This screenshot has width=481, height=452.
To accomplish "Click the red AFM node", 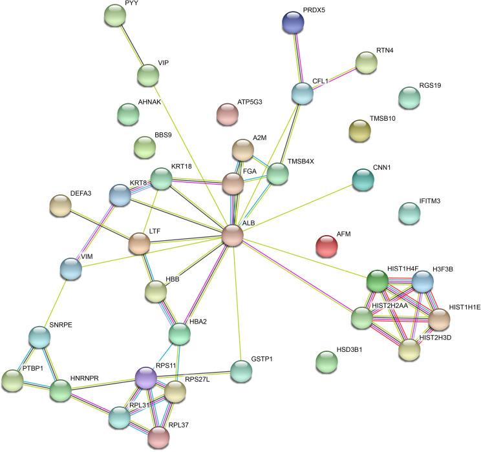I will tap(326, 245).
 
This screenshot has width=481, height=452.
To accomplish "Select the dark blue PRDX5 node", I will tap(293, 23).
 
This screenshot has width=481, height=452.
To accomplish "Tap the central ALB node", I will tap(233, 236).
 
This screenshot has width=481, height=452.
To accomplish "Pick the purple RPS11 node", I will tap(146, 378).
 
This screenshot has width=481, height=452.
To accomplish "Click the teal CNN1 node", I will tap(364, 180).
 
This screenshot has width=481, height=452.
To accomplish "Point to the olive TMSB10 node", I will tap(359, 130).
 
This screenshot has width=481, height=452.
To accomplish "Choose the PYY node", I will tap(115, 15).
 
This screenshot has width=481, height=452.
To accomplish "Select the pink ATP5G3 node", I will tap(228, 114).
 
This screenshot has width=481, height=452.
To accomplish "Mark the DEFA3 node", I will tap(60, 205).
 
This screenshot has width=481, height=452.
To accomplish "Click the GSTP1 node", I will tap(241, 371).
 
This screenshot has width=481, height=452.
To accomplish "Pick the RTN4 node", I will tap(366, 62).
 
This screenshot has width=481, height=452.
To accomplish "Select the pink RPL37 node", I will tap(158, 438).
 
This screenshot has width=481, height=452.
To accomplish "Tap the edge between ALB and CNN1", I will tap(297, 208).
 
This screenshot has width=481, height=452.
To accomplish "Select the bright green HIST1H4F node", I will tap(378, 281).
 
